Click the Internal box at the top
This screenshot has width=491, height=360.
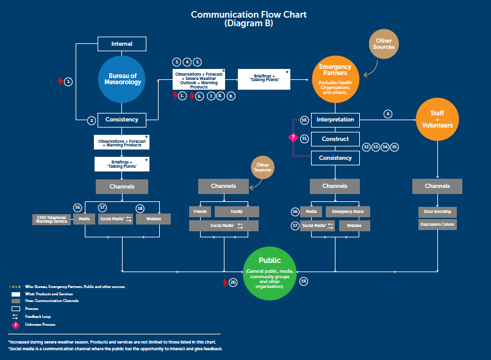122,44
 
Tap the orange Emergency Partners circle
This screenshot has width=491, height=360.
335,79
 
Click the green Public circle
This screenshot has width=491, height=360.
270,273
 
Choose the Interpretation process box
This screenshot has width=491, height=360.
335,120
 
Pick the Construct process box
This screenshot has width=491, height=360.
335,139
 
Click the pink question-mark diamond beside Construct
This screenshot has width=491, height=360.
292,139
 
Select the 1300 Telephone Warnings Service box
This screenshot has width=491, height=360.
52,219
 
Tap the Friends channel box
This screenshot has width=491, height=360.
200,212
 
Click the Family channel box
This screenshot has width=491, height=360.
237,212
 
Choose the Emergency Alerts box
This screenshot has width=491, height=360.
347,212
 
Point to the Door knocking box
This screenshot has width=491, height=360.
437,212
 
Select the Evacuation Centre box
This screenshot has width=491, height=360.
437,225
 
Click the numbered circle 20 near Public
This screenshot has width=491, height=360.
233,283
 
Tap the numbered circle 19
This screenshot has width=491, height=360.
304,281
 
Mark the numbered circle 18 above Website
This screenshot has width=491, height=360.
140,208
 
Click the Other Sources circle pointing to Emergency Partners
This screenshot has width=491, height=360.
384,44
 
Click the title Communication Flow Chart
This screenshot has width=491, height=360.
248,15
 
